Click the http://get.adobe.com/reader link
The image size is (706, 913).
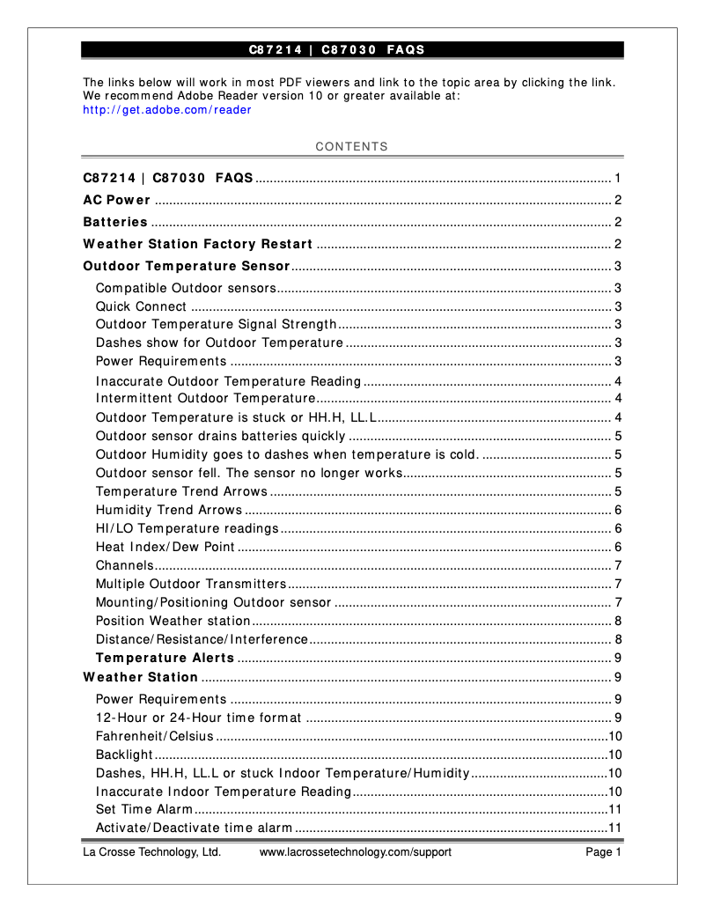(x=166, y=110)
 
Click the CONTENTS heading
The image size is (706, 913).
(x=351, y=147)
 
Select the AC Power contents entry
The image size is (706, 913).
(x=116, y=200)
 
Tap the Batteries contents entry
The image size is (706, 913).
(x=115, y=222)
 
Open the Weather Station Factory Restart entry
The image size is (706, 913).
(x=197, y=244)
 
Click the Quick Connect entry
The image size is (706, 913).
(x=141, y=306)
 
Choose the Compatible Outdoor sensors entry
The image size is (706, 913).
(x=186, y=288)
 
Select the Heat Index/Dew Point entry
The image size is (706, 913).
(x=165, y=547)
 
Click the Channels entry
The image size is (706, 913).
(x=124, y=565)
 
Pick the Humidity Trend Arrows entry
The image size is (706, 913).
(x=168, y=510)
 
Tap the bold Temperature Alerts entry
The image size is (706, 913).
(x=165, y=658)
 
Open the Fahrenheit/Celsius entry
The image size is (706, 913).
(x=154, y=736)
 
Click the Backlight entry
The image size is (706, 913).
(x=124, y=755)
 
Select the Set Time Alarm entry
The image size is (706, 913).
(x=143, y=809)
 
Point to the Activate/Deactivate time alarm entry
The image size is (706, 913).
(x=194, y=828)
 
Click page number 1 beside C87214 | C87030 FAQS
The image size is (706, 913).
(x=619, y=178)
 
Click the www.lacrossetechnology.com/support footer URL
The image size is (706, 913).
(x=355, y=852)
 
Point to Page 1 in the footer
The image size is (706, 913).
(x=604, y=852)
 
